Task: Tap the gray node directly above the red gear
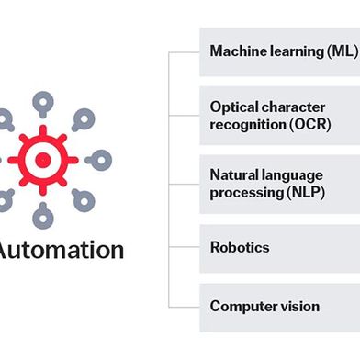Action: pos(43,93)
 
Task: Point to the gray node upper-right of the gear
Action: pos(88,118)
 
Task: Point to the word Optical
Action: pos(232,107)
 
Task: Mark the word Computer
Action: pos(241,306)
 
